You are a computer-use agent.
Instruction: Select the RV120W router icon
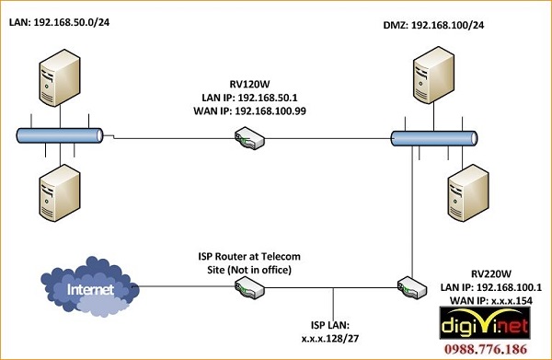249,139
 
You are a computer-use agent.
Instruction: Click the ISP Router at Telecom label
250,255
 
